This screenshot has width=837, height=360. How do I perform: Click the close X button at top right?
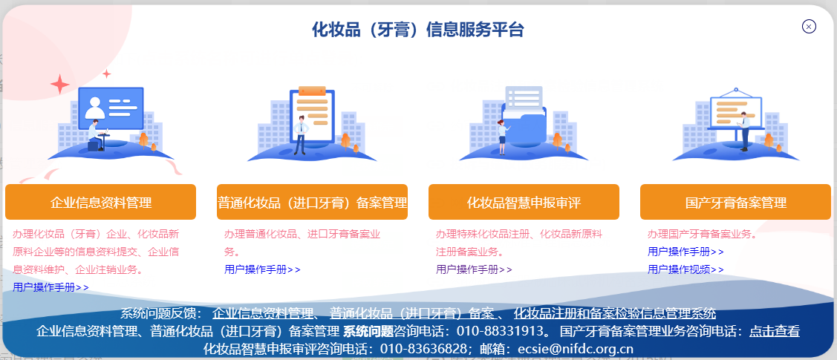point(809,27)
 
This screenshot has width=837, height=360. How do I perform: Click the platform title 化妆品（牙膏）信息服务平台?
point(418,30)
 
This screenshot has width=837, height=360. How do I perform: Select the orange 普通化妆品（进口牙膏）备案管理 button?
point(312,203)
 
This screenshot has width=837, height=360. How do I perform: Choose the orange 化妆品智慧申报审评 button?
point(524,203)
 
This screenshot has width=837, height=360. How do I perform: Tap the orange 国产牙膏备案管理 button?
point(735,203)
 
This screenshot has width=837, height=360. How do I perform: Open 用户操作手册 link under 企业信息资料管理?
point(51,287)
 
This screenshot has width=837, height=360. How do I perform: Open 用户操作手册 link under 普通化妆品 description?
point(262,269)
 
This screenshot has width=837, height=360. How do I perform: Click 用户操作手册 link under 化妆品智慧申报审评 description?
point(474,269)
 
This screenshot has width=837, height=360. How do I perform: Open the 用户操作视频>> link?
point(685,269)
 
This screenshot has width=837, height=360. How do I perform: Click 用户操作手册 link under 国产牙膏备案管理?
point(685,252)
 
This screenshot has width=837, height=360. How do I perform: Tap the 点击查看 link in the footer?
point(775,331)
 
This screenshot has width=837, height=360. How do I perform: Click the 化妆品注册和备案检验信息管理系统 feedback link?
point(615,313)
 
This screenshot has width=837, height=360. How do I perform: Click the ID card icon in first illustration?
point(110,107)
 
